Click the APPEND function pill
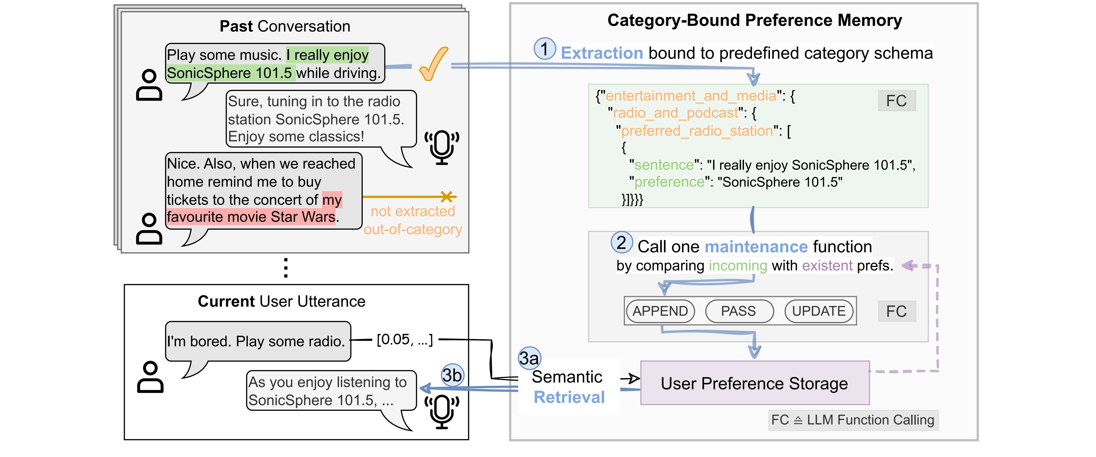tap(660, 311)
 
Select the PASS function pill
tap(739, 311)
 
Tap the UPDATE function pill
tap(819, 311)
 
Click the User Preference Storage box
tap(754, 383)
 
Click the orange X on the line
tap(447, 196)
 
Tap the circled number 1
tap(545, 48)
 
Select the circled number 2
tap(622, 242)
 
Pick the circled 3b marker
tap(452, 375)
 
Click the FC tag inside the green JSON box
tap(897, 101)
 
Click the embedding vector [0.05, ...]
tap(405, 339)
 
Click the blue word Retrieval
tap(569, 397)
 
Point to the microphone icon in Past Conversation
tap(442, 147)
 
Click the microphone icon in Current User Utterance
tap(442, 411)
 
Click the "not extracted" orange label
tap(413, 211)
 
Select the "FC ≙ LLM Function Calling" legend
tap(853, 420)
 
